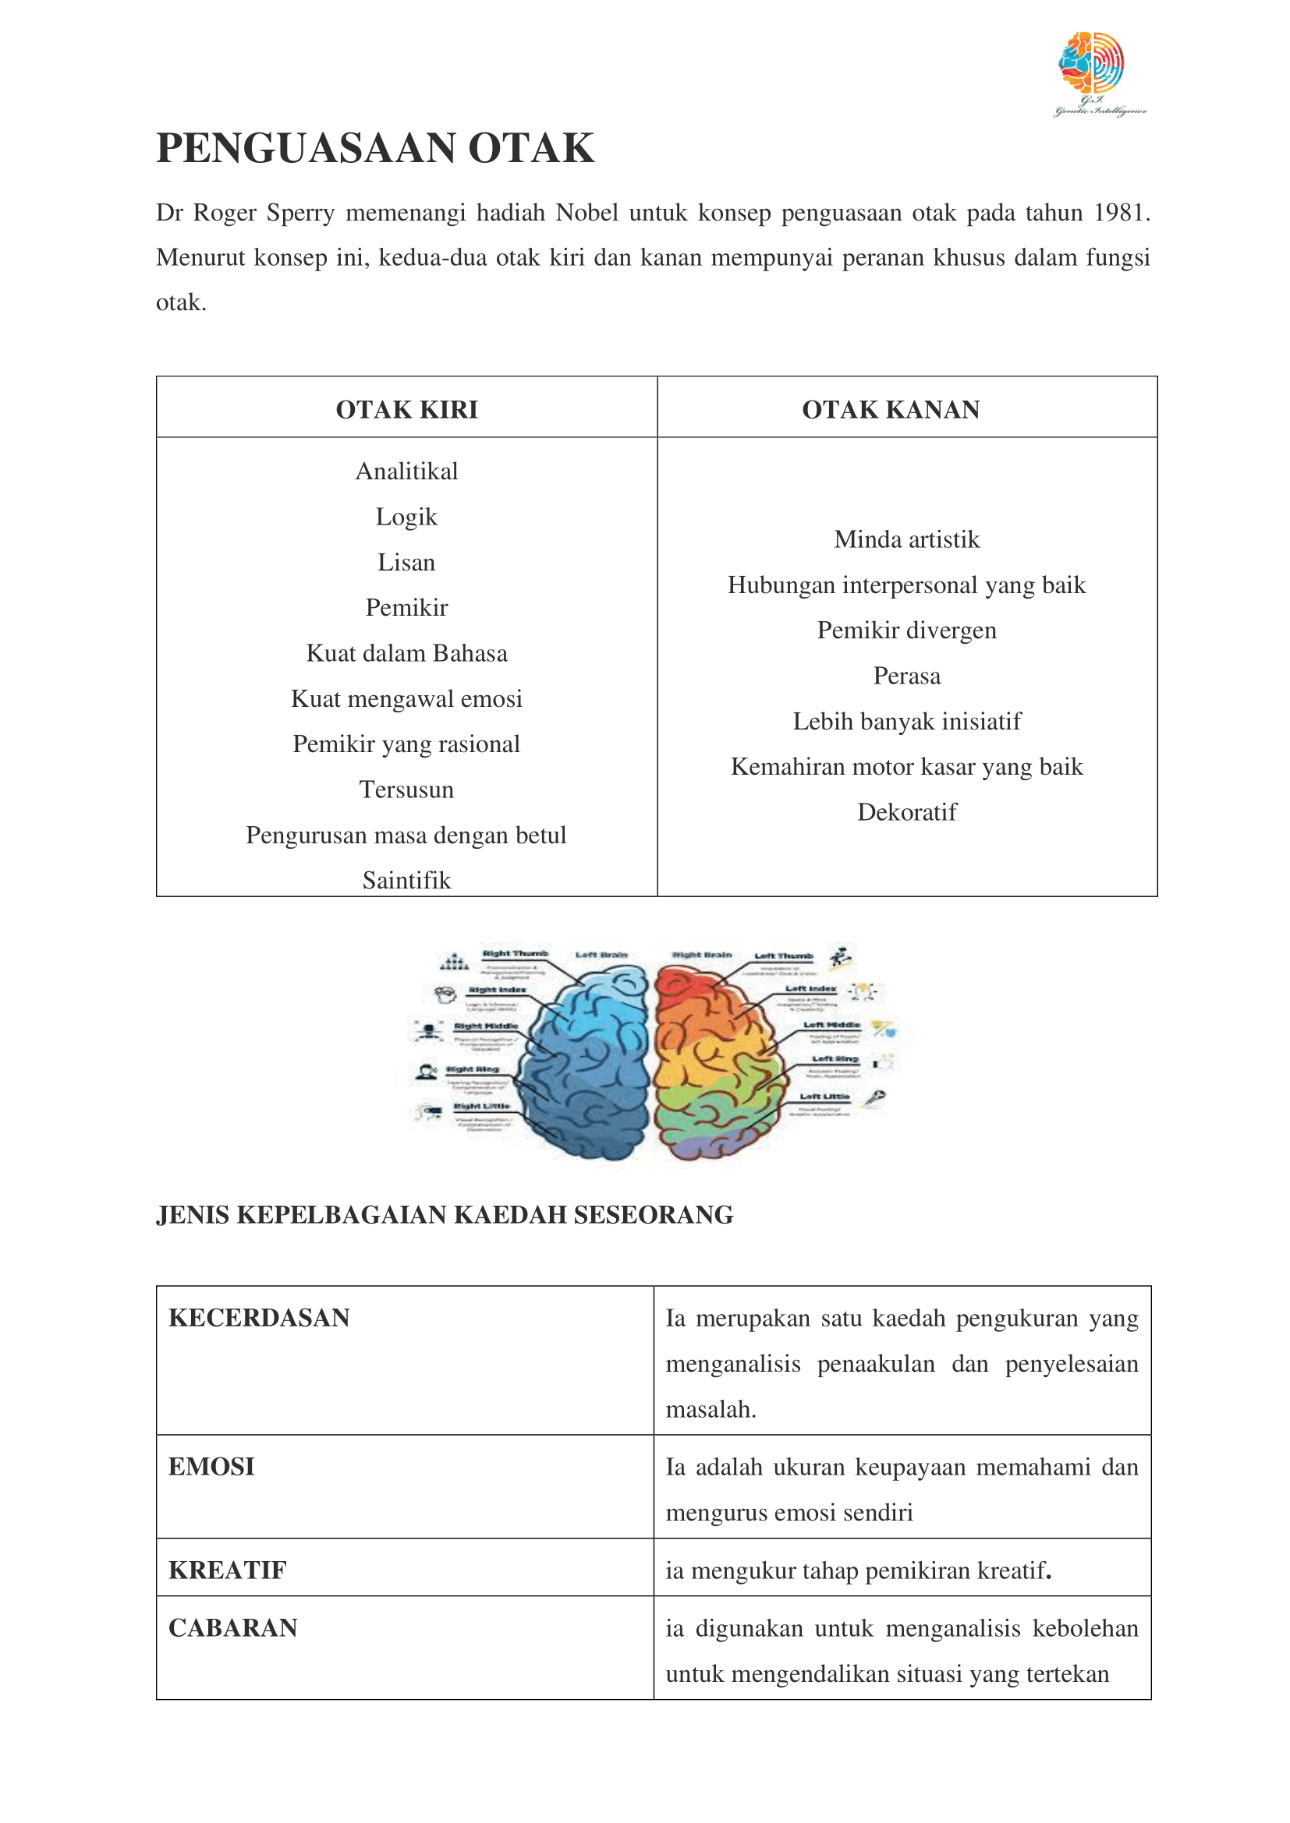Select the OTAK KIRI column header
[x=406, y=410]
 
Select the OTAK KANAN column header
[x=891, y=410]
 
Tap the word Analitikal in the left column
[x=406, y=472]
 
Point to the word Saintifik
[x=406, y=881]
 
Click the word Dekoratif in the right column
[x=907, y=812]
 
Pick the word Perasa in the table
[x=907, y=676]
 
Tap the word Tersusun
[x=406, y=790]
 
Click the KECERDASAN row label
[x=259, y=1318]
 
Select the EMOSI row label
[x=211, y=1467]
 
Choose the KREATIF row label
[x=227, y=1570]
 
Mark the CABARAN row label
[x=232, y=1627]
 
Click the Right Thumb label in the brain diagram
[x=515, y=952]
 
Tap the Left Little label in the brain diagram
[x=824, y=1097]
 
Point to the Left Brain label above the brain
[x=601, y=955]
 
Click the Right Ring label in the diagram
[x=473, y=1069]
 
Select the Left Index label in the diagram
[x=810, y=988]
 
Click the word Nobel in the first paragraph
[x=587, y=213]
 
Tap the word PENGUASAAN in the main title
[x=305, y=149]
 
